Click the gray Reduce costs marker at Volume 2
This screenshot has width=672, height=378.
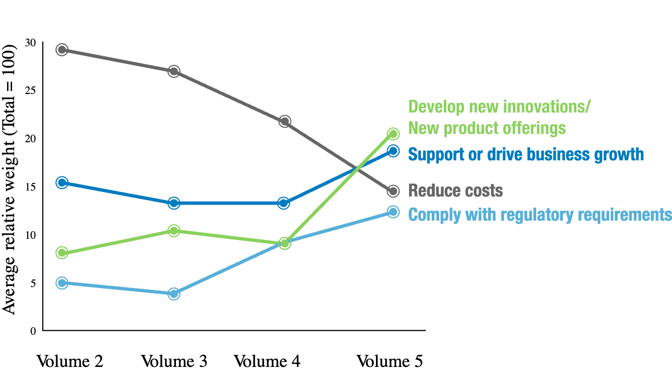tap(62, 49)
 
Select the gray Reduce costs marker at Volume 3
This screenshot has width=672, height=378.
tap(173, 71)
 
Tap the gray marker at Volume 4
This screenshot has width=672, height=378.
tap(284, 121)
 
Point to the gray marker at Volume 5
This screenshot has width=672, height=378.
tap(393, 191)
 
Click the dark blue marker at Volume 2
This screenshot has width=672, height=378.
tap(62, 182)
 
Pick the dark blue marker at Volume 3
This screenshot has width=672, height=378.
tap(173, 203)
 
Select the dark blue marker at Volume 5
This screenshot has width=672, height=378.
tap(393, 151)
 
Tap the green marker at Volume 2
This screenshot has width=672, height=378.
tap(62, 252)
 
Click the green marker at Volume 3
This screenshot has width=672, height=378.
tap(173, 231)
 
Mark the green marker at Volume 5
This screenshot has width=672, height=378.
tap(393, 134)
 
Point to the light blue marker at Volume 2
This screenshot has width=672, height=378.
tap(62, 283)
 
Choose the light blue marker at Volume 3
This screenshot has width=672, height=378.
tap(173, 294)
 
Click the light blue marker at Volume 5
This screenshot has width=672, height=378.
tap(393, 212)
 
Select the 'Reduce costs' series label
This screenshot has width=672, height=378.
tap(455, 191)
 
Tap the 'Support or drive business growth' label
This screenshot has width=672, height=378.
tap(526, 154)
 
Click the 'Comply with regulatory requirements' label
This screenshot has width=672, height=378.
tap(540, 215)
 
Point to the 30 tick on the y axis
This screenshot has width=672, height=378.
tap(30, 43)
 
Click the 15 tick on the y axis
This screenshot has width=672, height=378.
tap(30, 186)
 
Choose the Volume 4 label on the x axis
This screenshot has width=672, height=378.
tap(267, 361)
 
